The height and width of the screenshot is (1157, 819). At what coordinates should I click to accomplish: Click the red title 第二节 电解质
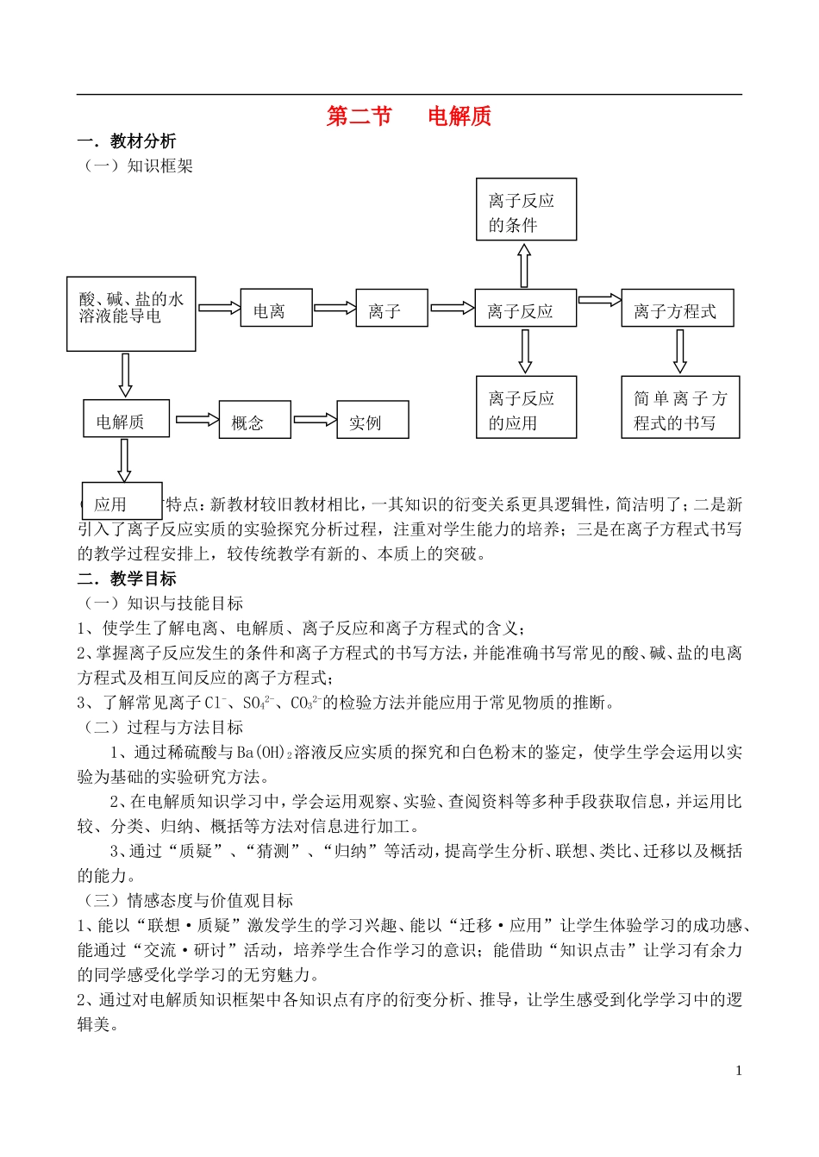pos(409,116)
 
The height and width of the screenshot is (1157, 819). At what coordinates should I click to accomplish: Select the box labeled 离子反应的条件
pos(526,210)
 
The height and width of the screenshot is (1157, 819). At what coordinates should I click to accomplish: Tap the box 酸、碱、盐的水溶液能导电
pos(131,313)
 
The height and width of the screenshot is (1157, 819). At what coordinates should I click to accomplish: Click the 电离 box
pos(275,309)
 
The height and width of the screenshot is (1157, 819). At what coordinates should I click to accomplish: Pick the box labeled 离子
pos(391,309)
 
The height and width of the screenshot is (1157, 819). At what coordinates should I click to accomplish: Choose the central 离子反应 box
pos(526,309)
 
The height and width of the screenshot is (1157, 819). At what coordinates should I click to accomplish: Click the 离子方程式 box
pos(677,309)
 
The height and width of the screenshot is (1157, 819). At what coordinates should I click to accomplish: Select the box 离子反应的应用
pos(526,408)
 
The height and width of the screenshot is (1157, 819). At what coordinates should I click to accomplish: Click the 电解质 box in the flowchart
pos(126,419)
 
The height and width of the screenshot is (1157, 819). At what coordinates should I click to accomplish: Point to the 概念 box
pos(254,420)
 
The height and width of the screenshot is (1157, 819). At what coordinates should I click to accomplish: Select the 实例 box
pos(372,420)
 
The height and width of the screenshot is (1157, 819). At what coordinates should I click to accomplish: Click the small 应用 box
pos(122,501)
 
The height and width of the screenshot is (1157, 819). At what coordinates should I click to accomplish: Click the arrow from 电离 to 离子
pos(334,308)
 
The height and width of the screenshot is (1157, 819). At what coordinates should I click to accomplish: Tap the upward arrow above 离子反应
pos(524,265)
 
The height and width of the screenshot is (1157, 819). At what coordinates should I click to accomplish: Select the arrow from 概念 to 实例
pos(315,420)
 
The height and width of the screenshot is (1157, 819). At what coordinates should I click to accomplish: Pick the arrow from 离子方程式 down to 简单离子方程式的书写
pos(680,351)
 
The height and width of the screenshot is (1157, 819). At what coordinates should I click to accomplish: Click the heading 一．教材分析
pos(127,141)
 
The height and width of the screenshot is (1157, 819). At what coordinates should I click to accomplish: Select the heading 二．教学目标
pos(127,578)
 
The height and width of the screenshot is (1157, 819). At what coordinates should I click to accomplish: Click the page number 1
pos(738,1071)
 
